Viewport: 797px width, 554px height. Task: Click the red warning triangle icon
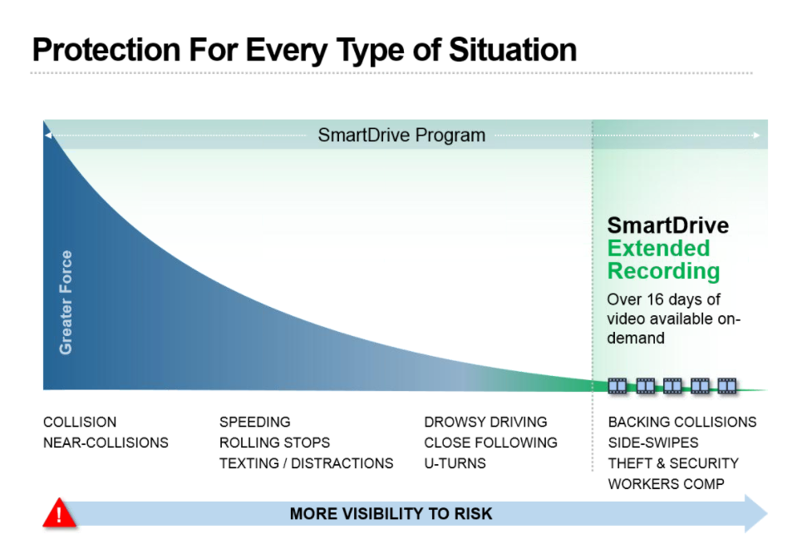(x=60, y=512)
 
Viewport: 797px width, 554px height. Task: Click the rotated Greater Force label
(x=66, y=302)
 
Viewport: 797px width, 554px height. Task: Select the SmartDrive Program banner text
(x=401, y=136)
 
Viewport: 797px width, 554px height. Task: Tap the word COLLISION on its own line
(x=80, y=423)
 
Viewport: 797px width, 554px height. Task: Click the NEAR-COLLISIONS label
(x=106, y=443)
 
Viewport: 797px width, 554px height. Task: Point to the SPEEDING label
(x=254, y=423)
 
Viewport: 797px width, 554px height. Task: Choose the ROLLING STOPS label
(x=274, y=443)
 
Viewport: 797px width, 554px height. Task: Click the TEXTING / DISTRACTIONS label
(x=307, y=463)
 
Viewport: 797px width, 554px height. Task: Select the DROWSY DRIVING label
(x=485, y=423)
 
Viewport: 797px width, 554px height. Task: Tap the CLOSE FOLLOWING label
(x=490, y=443)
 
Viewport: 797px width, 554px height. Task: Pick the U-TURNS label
(x=455, y=463)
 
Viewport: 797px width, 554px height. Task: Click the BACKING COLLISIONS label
(x=682, y=423)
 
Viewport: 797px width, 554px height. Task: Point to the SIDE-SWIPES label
(x=653, y=443)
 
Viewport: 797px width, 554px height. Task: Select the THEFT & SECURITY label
(x=673, y=463)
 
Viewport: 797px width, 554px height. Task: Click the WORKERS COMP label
(x=666, y=484)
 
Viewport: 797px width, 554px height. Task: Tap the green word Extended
(x=659, y=248)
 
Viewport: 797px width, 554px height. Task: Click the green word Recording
(x=664, y=272)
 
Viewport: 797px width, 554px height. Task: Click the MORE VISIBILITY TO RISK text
(x=391, y=514)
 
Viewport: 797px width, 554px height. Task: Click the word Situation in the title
(x=513, y=50)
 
